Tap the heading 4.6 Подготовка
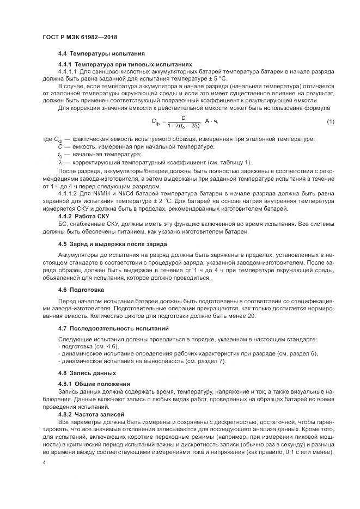[81, 289]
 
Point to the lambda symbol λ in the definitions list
[60, 162]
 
